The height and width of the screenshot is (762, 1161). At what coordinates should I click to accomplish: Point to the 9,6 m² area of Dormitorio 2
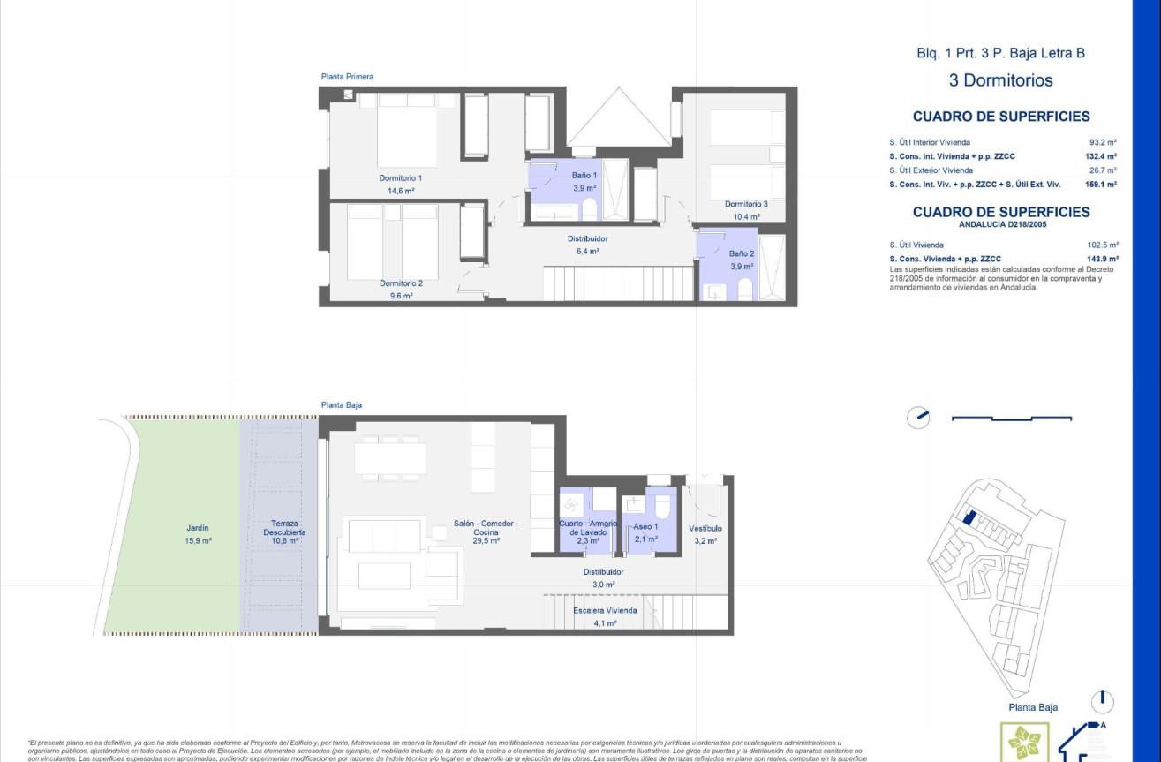401,296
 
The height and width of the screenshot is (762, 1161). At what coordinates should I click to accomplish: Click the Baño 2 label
741,253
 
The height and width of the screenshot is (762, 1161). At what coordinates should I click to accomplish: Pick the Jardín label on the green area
198,527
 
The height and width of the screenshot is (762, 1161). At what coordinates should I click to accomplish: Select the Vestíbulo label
705,528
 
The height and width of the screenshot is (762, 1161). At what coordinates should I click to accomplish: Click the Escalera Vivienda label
605,610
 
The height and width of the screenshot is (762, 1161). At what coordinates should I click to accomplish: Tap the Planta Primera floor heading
347,77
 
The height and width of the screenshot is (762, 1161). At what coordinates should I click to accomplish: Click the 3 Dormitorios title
1000,80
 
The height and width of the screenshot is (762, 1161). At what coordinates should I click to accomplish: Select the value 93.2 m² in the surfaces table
1103,142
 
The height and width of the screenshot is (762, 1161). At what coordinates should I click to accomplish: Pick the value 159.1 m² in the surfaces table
1101,185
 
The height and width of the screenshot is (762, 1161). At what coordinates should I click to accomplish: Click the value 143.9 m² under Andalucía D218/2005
1103,259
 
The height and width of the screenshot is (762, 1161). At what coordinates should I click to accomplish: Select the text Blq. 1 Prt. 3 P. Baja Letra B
1000,53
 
